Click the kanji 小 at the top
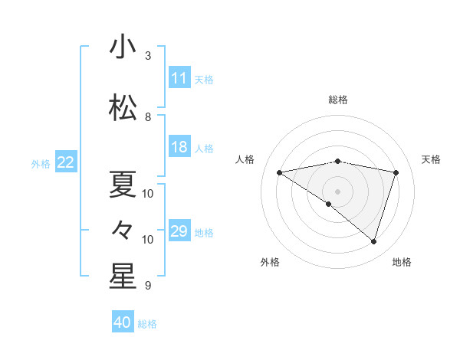(x=123, y=47)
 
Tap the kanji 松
(x=123, y=108)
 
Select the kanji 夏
(x=123, y=184)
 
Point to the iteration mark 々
(x=123, y=229)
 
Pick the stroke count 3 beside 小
(x=148, y=56)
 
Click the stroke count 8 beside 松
(x=148, y=117)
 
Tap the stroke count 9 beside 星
(x=148, y=286)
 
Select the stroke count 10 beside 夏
(x=148, y=194)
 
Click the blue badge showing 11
(x=179, y=78)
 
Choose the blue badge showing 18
(x=179, y=148)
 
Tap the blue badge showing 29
(x=179, y=231)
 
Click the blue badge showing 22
(x=66, y=162)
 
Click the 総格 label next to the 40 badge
(x=147, y=324)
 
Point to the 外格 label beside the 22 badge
(x=41, y=163)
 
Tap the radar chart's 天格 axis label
(x=432, y=159)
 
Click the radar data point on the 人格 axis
(x=280, y=172)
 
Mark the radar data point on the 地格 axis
(x=373, y=241)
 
